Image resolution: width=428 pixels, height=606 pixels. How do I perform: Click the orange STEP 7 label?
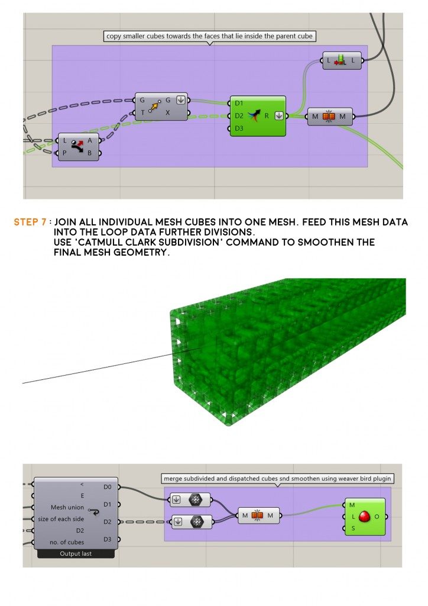pyautogui.click(x=30, y=223)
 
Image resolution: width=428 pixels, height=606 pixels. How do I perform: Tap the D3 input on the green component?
pyautogui.click(x=239, y=128)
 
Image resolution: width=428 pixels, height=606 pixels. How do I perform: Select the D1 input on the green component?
pyautogui.click(x=239, y=103)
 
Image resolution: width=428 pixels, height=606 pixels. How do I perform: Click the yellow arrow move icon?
pyautogui.click(x=155, y=107)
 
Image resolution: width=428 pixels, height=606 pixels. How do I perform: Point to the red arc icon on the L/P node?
pyautogui.click(x=78, y=147)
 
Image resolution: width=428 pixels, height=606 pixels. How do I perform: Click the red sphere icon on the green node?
pyautogui.click(x=365, y=516)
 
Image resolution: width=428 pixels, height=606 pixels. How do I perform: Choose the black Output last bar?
pyautogui.click(x=76, y=554)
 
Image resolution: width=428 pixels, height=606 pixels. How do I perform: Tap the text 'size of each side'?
pyautogui.click(x=61, y=519)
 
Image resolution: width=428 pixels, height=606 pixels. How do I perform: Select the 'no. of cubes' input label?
pyautogui.click(x=67, y=542)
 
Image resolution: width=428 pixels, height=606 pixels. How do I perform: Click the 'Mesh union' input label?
pyautogui.click(x=67, y=507)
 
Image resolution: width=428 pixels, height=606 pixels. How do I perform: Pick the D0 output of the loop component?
pyautogui.click(x=107, y=487)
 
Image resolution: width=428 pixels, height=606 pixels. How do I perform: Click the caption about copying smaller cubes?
pyautogui.click(x=209, y=36)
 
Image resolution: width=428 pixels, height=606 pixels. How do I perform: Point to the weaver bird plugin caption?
pyautogui.click(x=277, y=478)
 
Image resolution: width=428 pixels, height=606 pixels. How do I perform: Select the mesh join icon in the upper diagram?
pyautogui.click(x=329, y=117)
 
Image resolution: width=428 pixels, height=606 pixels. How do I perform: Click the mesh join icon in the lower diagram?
pyautogui.click(x=257, y=515)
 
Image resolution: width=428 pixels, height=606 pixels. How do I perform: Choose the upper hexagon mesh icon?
pyautogui.click(x=196, y=499)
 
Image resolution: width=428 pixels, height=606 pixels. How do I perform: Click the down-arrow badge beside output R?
pyautogui.click(x=279, y=115)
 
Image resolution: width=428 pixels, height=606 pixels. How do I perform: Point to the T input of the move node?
pyautogui.click(x=142, y=113)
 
